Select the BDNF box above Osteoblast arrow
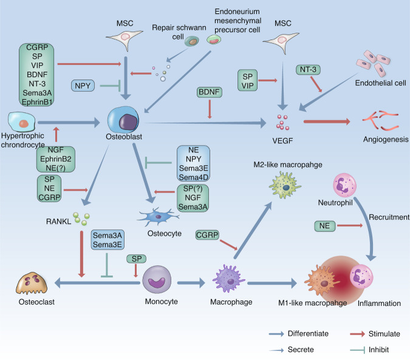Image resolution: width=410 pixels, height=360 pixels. pos(208,93)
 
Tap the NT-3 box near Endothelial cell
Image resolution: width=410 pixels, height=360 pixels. pos(308,70)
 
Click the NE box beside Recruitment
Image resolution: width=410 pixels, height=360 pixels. pos(326,226)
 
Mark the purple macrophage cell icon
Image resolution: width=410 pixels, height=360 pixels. pos(228,281)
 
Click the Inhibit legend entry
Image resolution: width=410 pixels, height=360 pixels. pos(355,349)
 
